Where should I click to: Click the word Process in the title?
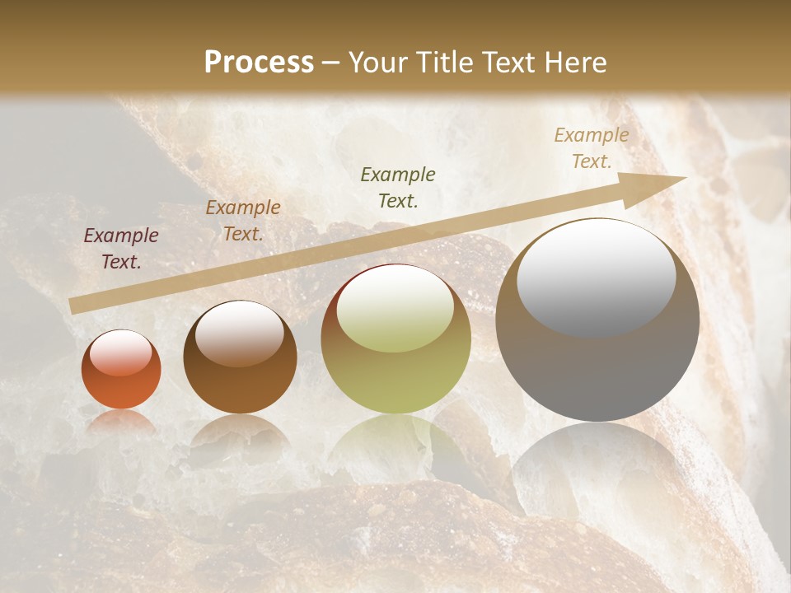pos(259,63)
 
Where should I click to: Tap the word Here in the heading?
pos(574,63)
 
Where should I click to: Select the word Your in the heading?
pos(377,63)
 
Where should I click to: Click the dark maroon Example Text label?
pos(121,249)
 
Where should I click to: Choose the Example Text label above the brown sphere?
pos(243,221)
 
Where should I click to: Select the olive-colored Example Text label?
pos(398,187)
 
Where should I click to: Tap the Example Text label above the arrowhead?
pos(591,148)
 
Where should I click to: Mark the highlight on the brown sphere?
pos(239,333)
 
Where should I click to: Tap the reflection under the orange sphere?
pos(121,421)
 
